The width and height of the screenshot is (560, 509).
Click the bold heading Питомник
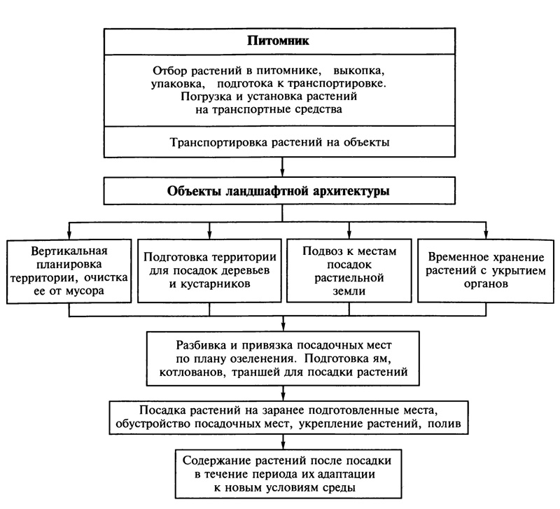pyautogui.click(x=278, y=41)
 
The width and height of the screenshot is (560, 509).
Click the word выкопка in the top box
pyautogui.click(x=359, y=71)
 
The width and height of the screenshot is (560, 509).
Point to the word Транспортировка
pyautogui.click(x=218, y=142)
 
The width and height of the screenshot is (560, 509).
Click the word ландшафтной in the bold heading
pyautogui.click(x=268, y=191)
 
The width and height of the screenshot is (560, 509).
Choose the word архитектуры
pyautogui.click(x=351, y=191)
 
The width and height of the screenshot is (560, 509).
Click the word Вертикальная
pyautogui.click(x=69, y=251)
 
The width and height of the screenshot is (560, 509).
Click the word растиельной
pyautogui.click(x=349, y=278)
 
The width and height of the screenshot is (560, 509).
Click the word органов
pyautogui.click(x=486, y=284)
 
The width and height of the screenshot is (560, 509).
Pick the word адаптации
pyautogui.click(x=346, y=475)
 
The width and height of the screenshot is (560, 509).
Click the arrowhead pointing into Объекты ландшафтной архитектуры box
pyautogui.click(x=283, y=172)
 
